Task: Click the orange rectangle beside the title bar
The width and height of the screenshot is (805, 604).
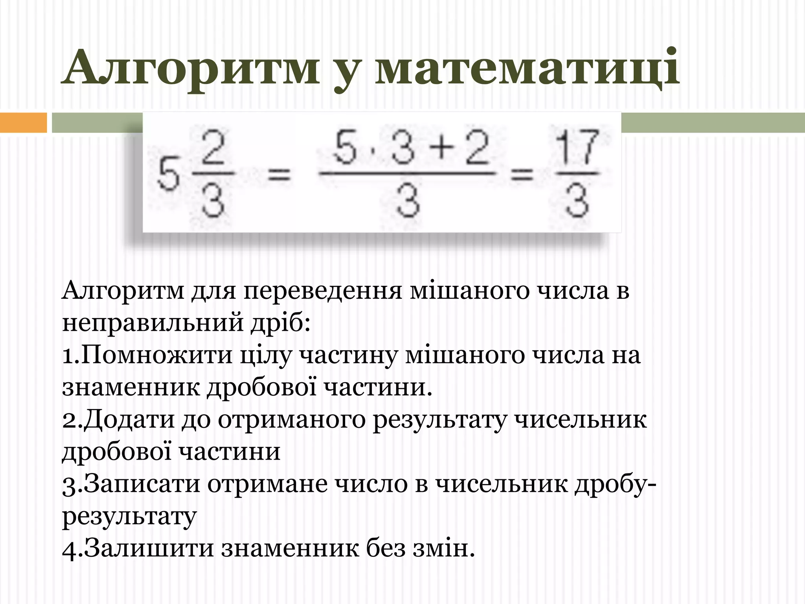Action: (23, 122)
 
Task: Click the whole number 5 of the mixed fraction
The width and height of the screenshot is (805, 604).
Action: (169, 176)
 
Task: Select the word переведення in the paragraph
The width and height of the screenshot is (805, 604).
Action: (323, 291)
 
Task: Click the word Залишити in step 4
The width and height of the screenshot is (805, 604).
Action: (149, 548)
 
